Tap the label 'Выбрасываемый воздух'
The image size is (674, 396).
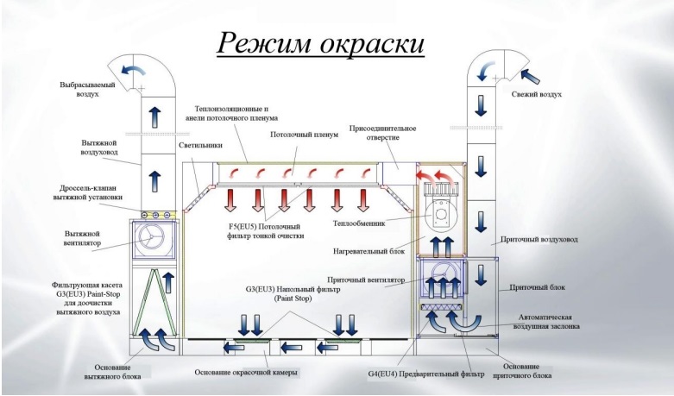[x=85, y=89]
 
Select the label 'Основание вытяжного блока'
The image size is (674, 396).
[x=98, y=370]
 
